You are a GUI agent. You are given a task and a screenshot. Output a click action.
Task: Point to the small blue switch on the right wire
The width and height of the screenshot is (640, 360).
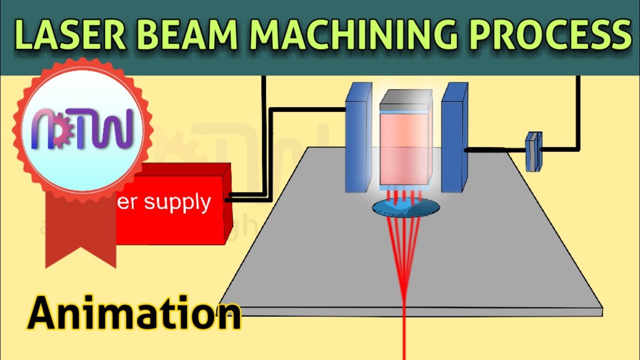pos(533,151)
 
